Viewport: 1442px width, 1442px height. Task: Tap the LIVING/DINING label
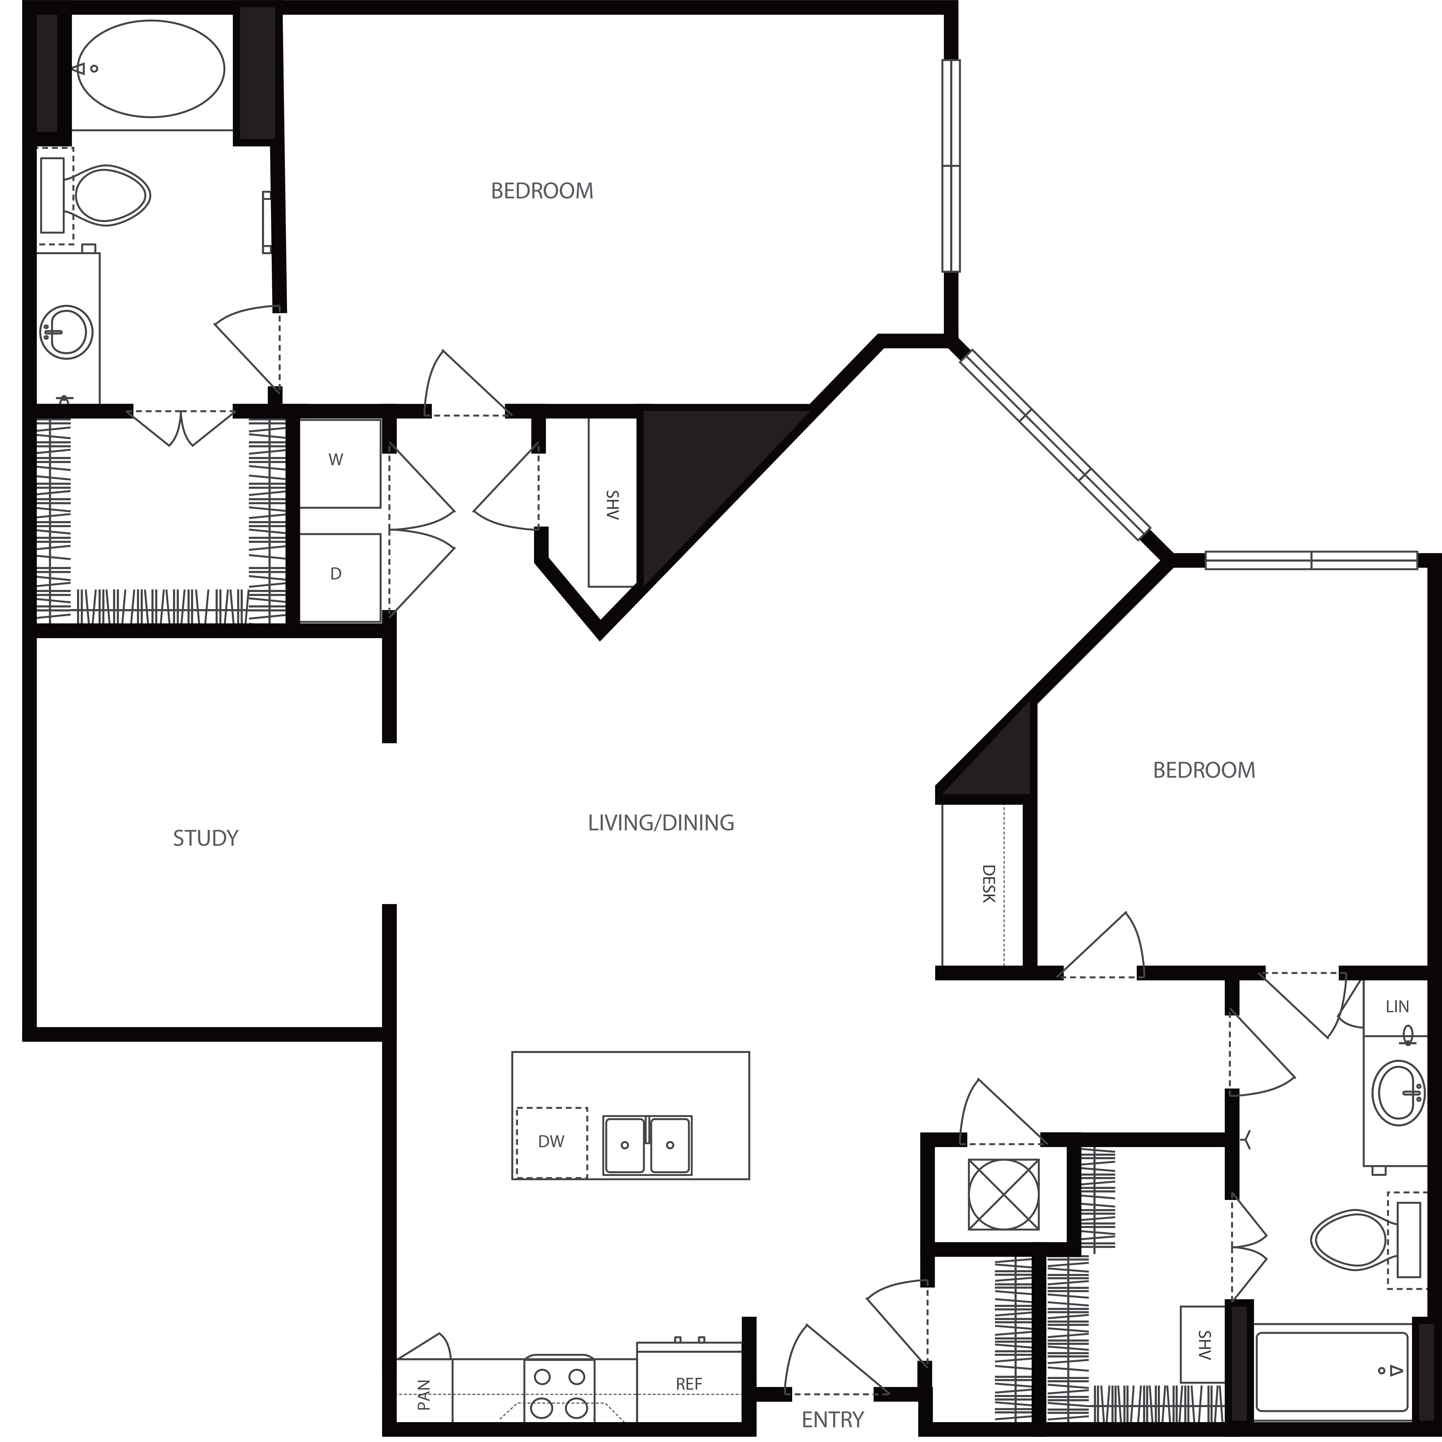point(661,823)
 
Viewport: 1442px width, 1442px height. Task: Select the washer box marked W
point(340,463)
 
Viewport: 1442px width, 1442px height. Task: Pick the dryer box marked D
point(340,577)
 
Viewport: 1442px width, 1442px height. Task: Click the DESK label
point(988,884)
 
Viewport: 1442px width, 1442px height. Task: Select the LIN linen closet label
point(1397,1007)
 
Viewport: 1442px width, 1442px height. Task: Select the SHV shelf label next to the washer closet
point(612,505)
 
